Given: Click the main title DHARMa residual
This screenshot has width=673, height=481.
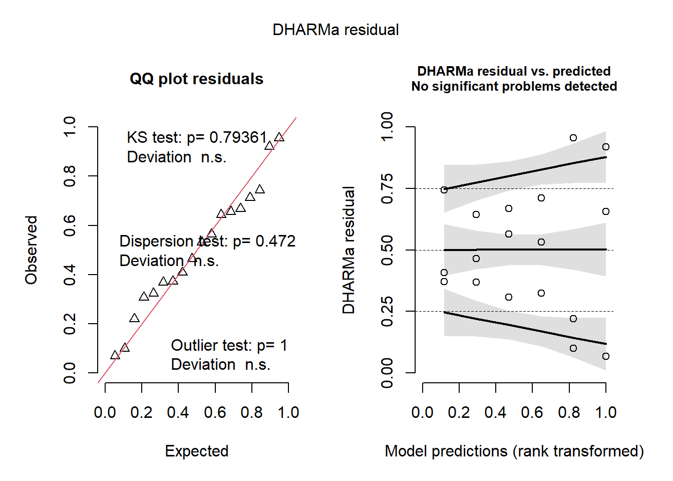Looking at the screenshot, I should tap(335, 30).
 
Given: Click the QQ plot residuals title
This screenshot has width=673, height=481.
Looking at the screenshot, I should tap(196, 79).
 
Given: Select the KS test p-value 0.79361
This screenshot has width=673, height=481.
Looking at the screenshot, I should tap(238, 137).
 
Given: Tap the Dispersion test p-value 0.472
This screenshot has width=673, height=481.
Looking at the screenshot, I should tap(275, 242).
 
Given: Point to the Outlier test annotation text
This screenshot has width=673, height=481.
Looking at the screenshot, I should tap(229, 346).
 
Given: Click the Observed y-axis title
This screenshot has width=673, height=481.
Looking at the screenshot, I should tap(32, 250).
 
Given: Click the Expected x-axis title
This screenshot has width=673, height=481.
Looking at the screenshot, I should tap(196, 451).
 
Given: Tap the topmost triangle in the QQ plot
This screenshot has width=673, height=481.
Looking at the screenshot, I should tap(279, 137).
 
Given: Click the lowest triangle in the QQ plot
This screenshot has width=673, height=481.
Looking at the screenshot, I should tap(115, 355).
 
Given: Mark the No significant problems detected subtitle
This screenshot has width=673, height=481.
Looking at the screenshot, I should tap(514, 87).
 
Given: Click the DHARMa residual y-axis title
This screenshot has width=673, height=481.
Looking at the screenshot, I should tap(349, 250).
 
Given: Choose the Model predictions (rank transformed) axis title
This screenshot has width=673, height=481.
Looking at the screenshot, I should tap(514, 451).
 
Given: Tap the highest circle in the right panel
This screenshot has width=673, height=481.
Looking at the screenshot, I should tap(573, 138).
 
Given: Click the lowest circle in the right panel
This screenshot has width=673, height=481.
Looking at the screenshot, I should tap(606, 356).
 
